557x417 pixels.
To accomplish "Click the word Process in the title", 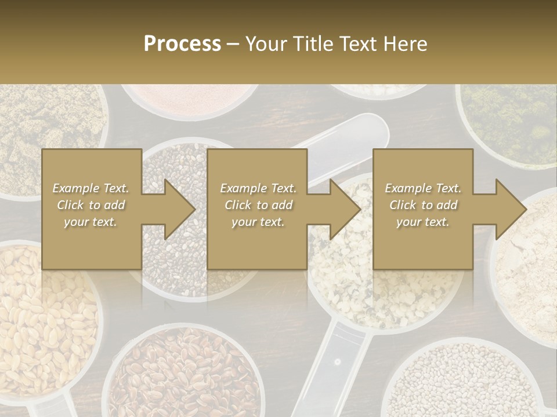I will point(182,44).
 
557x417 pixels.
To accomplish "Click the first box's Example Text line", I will point(91,188).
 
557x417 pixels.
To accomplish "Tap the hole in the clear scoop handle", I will point(337,362).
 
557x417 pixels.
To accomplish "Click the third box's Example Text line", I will point(423,188).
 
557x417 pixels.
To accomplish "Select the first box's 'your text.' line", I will point(91,222).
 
